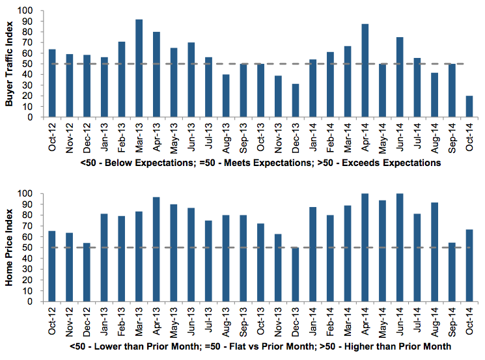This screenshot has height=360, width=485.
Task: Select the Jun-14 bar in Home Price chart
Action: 399,247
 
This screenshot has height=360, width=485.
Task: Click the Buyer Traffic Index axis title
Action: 9,64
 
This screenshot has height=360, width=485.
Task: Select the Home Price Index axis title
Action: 9,248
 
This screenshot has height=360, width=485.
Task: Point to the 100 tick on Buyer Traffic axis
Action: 28,11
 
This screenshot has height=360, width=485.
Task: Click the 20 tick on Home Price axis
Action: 31,280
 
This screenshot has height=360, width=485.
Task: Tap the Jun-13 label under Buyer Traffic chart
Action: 191,137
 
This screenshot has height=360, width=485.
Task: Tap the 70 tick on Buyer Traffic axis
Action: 31,43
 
